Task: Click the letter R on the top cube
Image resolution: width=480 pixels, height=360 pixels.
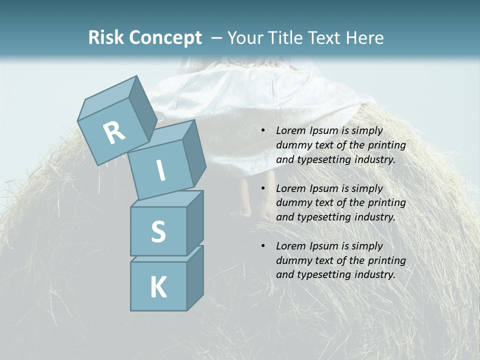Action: point(114,133)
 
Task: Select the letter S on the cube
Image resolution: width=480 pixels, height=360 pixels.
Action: point(158,231)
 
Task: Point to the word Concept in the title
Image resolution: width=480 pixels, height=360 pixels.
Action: point(165,38)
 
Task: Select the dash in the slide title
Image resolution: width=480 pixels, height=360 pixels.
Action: point(217,38)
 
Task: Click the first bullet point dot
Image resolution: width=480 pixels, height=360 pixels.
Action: point(263,131)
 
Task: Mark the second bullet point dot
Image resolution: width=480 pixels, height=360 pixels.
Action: point(263,189)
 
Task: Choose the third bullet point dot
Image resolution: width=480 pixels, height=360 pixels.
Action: point(263,246)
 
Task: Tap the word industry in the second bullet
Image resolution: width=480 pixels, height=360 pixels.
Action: point(373,217)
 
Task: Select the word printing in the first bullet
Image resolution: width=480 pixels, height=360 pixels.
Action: point(386,145)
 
